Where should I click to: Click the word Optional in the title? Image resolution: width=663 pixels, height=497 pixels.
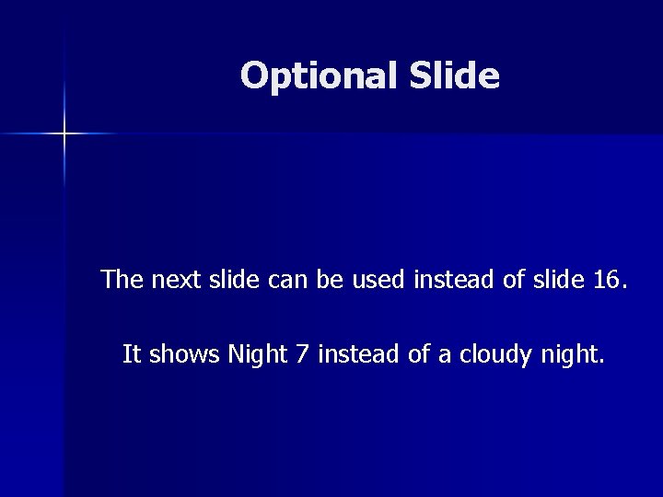point(316,76)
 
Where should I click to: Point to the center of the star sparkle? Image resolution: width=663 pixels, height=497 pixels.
point(64,134)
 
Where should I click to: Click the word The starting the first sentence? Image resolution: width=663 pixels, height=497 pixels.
point(122,279)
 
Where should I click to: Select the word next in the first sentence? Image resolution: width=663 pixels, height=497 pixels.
point(171,279)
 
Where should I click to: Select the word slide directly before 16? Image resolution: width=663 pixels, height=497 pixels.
point(552,279)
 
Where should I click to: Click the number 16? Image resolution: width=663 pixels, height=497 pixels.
point(606,279)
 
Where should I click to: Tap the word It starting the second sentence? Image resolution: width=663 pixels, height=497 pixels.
point(132,354)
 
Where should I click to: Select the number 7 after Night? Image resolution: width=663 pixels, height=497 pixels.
point(303,354)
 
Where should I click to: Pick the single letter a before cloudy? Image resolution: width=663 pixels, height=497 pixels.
point(445,354)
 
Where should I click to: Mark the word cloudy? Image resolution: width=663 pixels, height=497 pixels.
point(489,355)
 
